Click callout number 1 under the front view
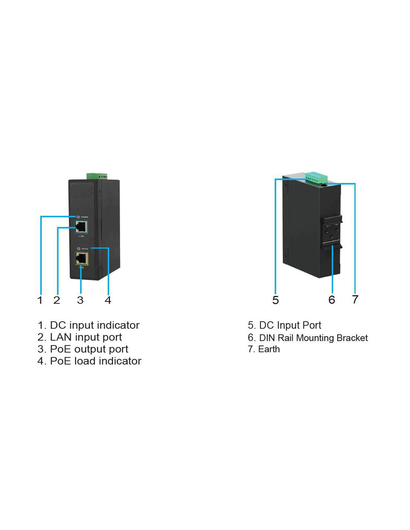[40, 300]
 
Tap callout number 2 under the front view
[57, 300]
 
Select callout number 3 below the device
[80, 300]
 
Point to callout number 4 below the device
[108, 300]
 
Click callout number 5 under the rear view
[275, 300]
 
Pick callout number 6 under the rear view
[332, 300]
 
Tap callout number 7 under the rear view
[355, 299]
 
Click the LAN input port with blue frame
[81, 226]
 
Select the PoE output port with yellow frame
[81, 258]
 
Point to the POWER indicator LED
[78, 217]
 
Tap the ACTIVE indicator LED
[78, 249]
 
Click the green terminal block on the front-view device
[97, 176]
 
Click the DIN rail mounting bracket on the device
[332, 233]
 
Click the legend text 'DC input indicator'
[94, 325]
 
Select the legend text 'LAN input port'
[86, 337]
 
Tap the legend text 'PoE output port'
[89, 349]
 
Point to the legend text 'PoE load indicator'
[95, 361]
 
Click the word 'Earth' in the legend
[269, 349]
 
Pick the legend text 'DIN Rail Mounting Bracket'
[313, 338]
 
